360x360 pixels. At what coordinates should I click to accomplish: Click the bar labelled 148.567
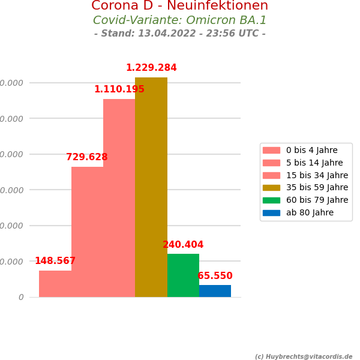[55, 284]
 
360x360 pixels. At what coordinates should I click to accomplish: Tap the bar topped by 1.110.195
[119, 198]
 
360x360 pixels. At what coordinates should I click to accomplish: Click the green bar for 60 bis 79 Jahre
[183, 275]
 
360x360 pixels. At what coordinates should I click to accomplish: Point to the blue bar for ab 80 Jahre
[215, 291]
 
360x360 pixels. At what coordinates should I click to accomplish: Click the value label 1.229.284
[151, 68]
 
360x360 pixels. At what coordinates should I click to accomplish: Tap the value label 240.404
[183, 245]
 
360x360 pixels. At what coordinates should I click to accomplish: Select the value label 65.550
[215, 276]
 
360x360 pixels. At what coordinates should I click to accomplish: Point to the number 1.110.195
[119, 89]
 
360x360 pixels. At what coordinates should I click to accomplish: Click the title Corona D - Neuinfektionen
[179, 6]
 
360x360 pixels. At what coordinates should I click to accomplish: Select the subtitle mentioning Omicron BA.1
[179, 20]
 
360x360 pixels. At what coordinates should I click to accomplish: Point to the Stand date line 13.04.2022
[179, 34]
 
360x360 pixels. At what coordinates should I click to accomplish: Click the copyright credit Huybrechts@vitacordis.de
[304, 356]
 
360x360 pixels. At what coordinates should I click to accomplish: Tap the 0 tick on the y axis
[21, 298]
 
